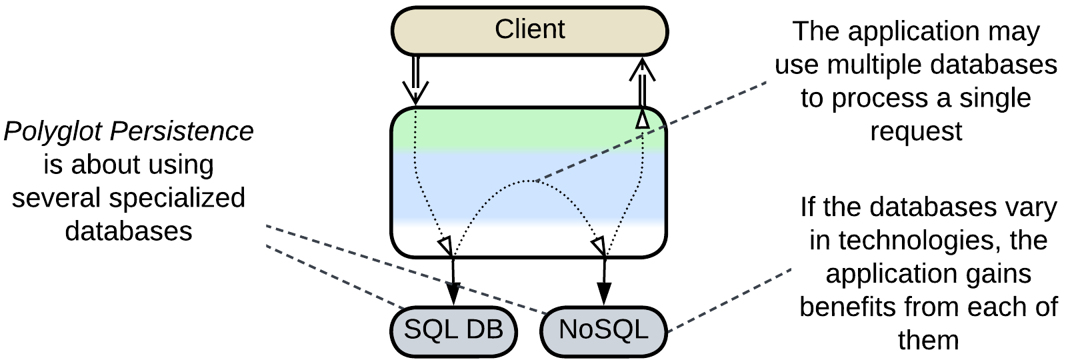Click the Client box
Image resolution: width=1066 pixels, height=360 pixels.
pyautogui.click(x=529, y=31)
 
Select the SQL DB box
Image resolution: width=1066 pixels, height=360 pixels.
pyautogui.click(x=453, y=330)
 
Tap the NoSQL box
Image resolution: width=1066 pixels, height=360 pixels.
pyautogui.click(x=603, y=330)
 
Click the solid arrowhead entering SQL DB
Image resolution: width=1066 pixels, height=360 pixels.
pyautogui.click(x=453, y=294)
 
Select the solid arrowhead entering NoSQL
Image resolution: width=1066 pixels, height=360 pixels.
pyautogui.click(x=604, y=294)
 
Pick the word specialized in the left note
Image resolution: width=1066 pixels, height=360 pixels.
pyautogui.click(x=177, y=198)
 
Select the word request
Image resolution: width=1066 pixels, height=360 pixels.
pyautogui.click(x=916, y=131)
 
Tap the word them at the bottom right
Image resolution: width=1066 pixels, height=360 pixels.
pyautogui.click(x=928, y=340)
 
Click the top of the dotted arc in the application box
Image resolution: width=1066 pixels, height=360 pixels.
pyautogui.click(x=529, y=181)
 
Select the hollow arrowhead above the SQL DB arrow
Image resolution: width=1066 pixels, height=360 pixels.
pyautogui.click(x=445, y=245)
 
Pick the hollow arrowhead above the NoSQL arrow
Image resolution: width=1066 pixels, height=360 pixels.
pyautogui.click(x=599, y=245)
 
